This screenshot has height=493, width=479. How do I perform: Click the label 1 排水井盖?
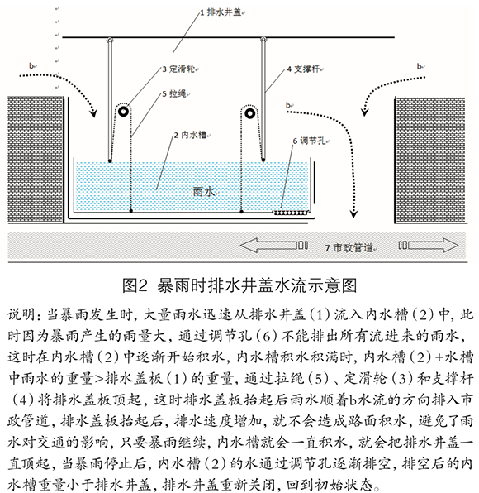[221, 12]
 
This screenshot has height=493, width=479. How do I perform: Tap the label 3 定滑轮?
[178, 69]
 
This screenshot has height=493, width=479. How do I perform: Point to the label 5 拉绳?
[174, 93]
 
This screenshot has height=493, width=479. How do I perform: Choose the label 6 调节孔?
[309, 141]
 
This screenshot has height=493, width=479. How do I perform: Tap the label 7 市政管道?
[349, 248]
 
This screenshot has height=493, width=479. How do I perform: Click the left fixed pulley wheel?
[123, 112]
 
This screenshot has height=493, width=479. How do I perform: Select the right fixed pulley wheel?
[249, 113]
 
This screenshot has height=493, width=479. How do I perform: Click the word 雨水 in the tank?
[204, 191]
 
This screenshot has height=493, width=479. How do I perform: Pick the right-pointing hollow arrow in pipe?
[429, 245]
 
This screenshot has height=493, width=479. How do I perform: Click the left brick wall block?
[36, 160]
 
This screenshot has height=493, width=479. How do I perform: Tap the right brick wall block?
[429, 160]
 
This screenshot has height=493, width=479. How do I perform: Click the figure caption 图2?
[135, 285]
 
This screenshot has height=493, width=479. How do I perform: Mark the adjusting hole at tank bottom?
[291, 213]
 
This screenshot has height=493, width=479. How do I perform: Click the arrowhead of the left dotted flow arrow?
[93, 112]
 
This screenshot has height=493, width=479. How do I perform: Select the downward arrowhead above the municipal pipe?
[353, 213]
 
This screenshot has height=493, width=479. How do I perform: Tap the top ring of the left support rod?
[110, 40]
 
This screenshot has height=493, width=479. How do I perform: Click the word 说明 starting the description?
[21, 314]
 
